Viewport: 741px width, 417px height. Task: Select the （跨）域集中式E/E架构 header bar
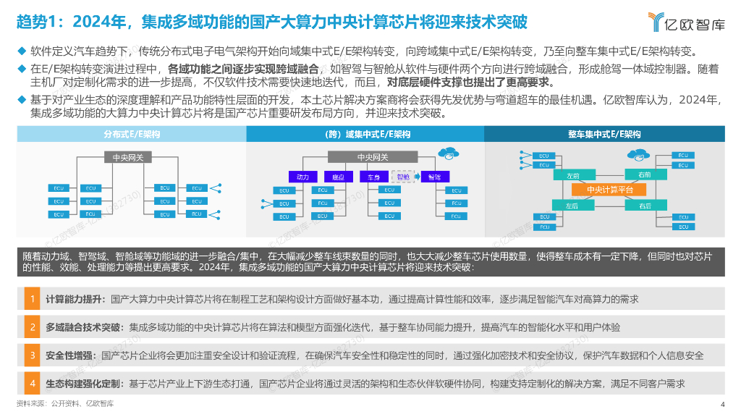(x=366, y=135)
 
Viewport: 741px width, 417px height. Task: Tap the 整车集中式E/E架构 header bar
(x=604, y=135)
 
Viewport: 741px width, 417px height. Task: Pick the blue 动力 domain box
(x=302, y=177)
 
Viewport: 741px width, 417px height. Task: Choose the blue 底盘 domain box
(x=338, y=177)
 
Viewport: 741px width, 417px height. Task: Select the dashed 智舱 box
(x=404, y=177)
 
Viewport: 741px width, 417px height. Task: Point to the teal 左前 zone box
(x=572, y=174)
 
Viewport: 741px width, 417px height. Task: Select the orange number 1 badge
(x=32, y=299)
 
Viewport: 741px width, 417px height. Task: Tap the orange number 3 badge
(x=32, y=355)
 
